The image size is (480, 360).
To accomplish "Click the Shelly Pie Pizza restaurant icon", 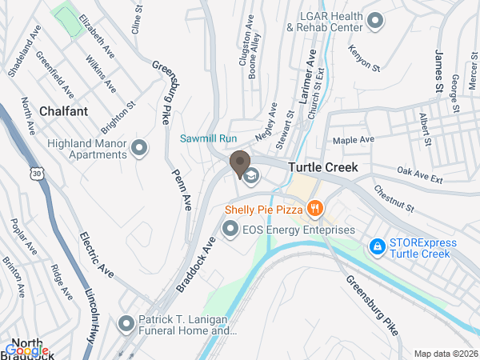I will pyautogui.click(x=315, y=210).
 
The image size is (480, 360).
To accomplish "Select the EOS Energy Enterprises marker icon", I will pyautogui.click(x=230, y=230).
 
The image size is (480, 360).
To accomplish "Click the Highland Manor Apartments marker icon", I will pyautogui.click(x=140, y=148).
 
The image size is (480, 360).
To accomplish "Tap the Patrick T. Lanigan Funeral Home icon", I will pyautogui.click(x=126, y=324).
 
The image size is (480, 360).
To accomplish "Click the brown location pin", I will pyautogui.click(x=239, y=163).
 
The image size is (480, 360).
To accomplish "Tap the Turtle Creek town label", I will pyautogui.click(x=322, y=168).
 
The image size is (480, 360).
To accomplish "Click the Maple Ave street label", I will pyautogui.click(x=354, y=140).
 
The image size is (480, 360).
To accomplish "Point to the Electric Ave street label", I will pyautogui.click(x=97, y=255).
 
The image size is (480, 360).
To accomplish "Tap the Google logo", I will pyautogui.click(x=26, y=350).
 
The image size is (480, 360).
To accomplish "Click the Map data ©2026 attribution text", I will pyautogui.click(x=445, y=354).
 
